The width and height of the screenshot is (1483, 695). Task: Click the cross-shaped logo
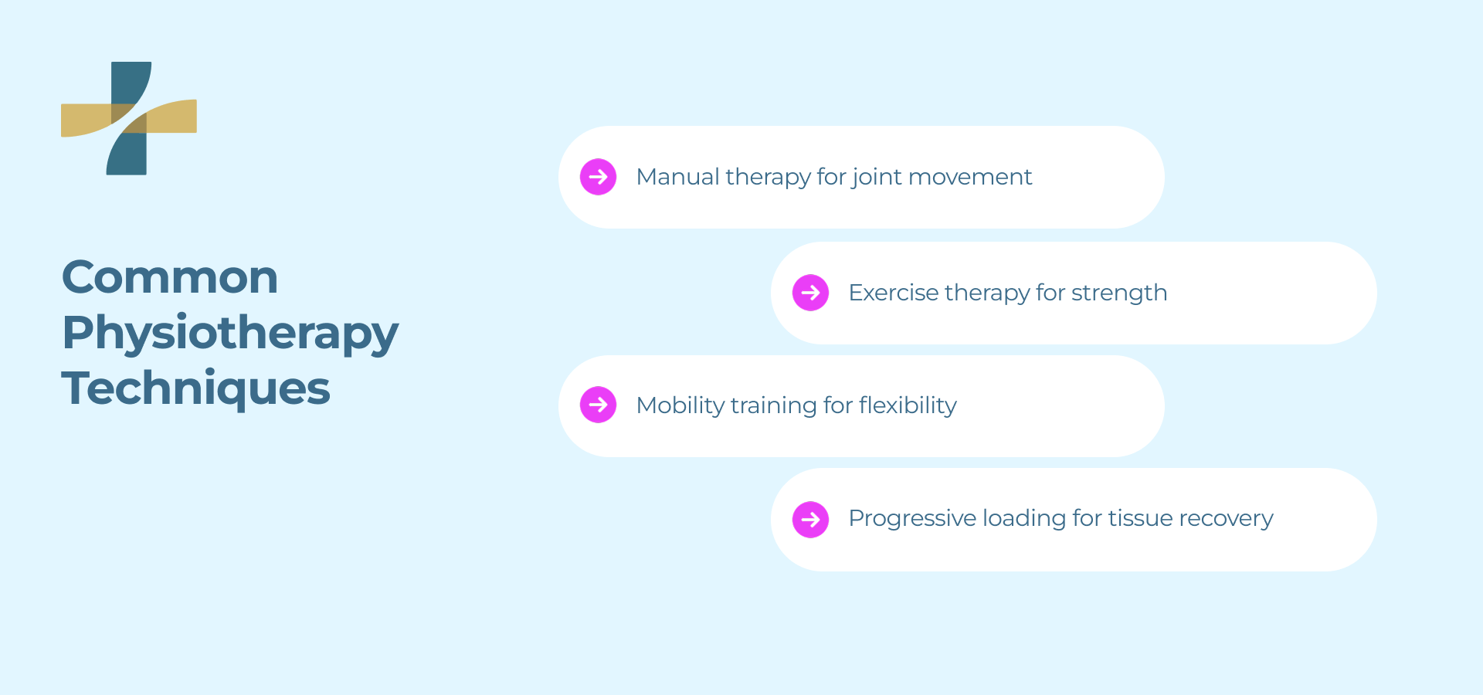pos(129,118)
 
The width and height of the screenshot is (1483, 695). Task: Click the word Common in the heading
pos(170,277)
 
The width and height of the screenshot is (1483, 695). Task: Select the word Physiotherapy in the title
pos(230,334)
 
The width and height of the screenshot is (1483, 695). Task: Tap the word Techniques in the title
pos(196,388)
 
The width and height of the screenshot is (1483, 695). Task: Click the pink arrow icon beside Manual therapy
pos(599,177)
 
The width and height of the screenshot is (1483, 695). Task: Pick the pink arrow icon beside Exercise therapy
pos(811,293)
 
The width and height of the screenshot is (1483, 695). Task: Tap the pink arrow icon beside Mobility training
pos(599,405)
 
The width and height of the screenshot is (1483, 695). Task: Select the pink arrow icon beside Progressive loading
pos(811,520)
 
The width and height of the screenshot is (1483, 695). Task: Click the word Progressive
pos(912,518)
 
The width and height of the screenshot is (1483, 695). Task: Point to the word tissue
pos(1141,518)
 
